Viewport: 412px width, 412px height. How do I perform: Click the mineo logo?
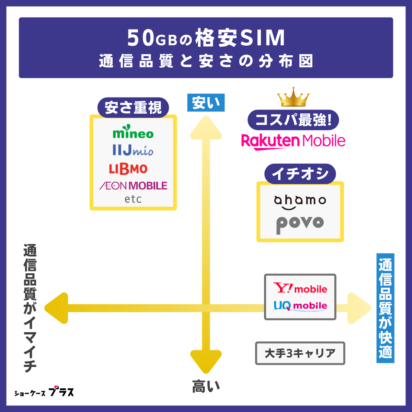133,133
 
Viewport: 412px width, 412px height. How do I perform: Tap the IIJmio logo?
133,150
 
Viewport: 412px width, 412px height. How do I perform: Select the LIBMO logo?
128,169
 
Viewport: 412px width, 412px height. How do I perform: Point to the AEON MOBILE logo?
133,186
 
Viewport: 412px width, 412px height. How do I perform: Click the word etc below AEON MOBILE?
133,199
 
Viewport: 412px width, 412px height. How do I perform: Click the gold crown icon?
293,97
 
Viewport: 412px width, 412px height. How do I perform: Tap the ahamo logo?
300,202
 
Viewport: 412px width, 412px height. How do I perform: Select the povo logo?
300,224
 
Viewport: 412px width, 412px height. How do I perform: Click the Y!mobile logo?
300,288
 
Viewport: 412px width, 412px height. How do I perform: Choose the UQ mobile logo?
300,306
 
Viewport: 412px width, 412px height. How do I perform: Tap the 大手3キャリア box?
300,353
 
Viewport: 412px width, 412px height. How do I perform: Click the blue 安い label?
206,103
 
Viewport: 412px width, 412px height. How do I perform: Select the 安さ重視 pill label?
133,107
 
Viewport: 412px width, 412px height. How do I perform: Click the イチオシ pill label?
300,174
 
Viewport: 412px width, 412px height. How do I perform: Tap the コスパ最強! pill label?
293,120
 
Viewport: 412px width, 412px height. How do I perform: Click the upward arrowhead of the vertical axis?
206,128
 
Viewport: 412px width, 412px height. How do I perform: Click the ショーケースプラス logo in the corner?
44,392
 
